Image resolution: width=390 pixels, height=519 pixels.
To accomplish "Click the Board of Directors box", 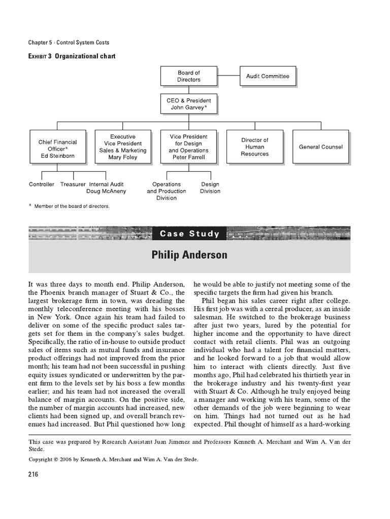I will [x=188, y=77].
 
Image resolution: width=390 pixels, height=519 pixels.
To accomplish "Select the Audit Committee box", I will [x=268, y=77].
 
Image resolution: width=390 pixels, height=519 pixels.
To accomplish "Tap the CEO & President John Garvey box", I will [x=188, y=104].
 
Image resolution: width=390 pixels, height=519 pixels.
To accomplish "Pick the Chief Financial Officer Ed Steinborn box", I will [x=56, y=146].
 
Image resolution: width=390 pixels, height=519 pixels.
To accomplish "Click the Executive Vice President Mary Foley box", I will [x=122, y=147].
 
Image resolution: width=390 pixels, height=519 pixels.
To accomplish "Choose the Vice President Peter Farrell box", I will [x=188, y=147].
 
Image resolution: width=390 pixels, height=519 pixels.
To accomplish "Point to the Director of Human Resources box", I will [x=255, y=147].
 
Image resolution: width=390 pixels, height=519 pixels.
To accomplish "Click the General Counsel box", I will [x=320, y=147].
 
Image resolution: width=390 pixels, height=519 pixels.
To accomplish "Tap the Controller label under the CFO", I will [x=42, y=184].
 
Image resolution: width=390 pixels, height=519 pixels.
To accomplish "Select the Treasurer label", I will [x=73, y=184].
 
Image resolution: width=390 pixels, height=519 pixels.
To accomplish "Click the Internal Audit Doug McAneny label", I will [x=107, y=188].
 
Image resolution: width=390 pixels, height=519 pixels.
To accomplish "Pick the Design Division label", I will [x=210, y=188].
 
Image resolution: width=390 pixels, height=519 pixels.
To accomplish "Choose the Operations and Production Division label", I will [x=167, y=191].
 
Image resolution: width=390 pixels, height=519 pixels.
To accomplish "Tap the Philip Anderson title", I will [x=189, y=255].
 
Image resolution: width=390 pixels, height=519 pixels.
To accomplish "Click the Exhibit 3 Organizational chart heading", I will [x=72, y=56].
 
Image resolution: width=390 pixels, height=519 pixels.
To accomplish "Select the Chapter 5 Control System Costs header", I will [x=69, y=43].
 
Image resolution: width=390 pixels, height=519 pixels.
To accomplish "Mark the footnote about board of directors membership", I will [x=71, y=206].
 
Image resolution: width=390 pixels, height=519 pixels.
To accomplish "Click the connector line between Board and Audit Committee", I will [x=227, y=77].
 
